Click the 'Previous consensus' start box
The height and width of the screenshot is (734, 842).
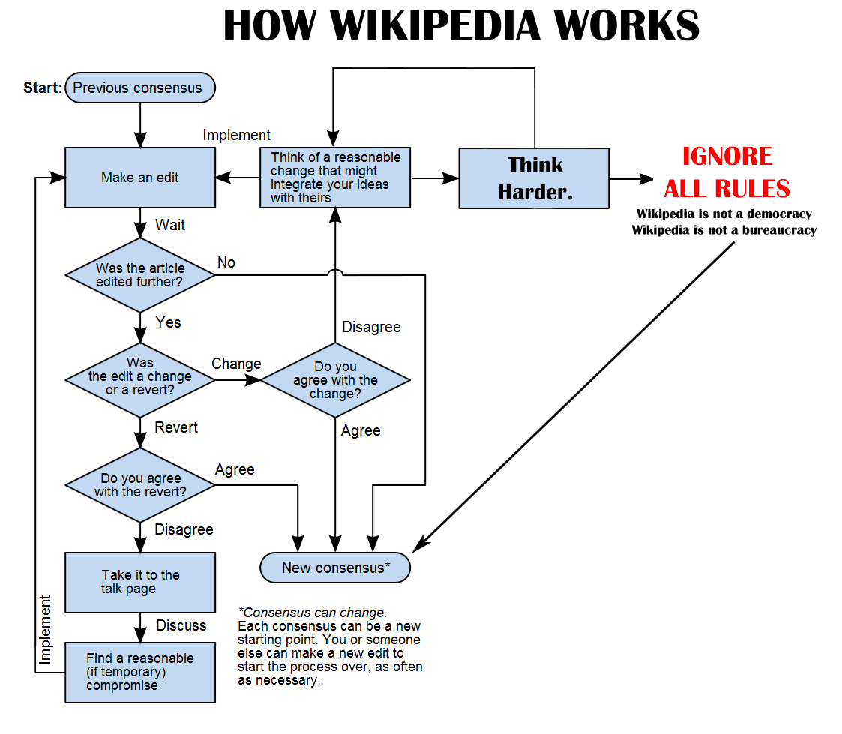click(140, 88)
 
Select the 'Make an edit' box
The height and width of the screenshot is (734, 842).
click(140, 178)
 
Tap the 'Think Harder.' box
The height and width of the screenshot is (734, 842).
click(534, 178)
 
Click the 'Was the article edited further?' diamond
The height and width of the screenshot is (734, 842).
click(140, 275)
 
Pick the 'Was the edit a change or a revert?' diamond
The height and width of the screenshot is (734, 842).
click(140, 379)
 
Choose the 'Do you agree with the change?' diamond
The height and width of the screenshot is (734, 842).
click(335, 380)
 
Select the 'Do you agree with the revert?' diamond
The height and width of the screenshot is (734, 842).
click(140, 485)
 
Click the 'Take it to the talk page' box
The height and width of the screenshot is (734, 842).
click(140, 582)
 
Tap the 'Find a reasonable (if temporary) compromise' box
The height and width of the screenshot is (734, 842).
click(140, 672)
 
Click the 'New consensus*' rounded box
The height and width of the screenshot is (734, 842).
click(335, 568)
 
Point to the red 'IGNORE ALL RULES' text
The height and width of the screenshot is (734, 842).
click(727, 172)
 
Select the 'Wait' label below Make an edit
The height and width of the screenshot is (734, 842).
click(170, 225)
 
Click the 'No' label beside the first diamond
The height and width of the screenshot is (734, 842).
click(226, 262)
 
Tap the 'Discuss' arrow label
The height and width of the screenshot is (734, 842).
click(181, 625)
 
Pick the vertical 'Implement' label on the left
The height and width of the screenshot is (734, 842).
click(46, 630)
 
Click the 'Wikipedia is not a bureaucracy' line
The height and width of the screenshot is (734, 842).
click(724, 230)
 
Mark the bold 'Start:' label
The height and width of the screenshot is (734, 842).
click(43, 88)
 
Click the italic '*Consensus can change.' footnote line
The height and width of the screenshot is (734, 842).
click(312, 612)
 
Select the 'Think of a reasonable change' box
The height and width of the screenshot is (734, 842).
click(335, 178)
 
